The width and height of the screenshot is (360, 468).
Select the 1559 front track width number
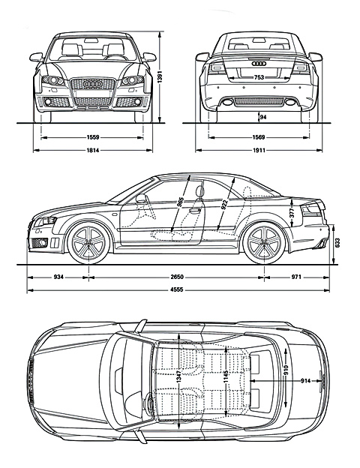coord(92,137)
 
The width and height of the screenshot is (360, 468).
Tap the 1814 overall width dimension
coord(92,151)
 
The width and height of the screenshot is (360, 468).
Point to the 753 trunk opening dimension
coord(259,77)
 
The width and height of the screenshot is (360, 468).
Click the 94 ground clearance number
coord(263,117)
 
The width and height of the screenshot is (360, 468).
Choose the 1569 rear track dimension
coord(259,137)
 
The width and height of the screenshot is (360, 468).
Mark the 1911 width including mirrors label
coord(259,151)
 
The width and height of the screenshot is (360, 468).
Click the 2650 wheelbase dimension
coord(177,277)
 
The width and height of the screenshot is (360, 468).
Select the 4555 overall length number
coord(177,289)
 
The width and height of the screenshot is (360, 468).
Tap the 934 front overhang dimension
coord(58,277)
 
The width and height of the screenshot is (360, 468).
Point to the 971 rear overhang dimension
coord(296,277)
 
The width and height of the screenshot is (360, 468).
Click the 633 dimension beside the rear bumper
coord(337,243)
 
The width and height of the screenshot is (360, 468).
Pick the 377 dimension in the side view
coord(292,212)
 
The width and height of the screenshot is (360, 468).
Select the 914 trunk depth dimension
coord(306,380)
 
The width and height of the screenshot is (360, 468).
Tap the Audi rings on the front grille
coord(92,84)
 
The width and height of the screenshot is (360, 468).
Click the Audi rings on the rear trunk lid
coord(259,64)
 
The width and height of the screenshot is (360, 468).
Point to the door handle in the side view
coord(195,211)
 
